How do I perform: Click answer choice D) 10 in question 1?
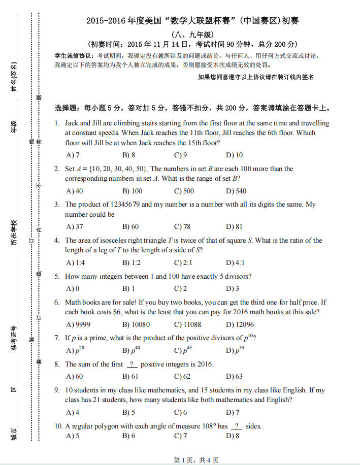[234, 155]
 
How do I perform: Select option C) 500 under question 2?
[184, 191]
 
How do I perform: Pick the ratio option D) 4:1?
[235, 262]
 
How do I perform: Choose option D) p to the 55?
[235, 350]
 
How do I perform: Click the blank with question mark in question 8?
[132, 364]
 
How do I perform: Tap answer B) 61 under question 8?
[130, 376]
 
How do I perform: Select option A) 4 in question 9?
[73, 412]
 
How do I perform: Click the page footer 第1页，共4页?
[196, 460]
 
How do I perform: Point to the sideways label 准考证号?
[14, 339]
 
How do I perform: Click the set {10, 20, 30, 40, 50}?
[117, 169]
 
